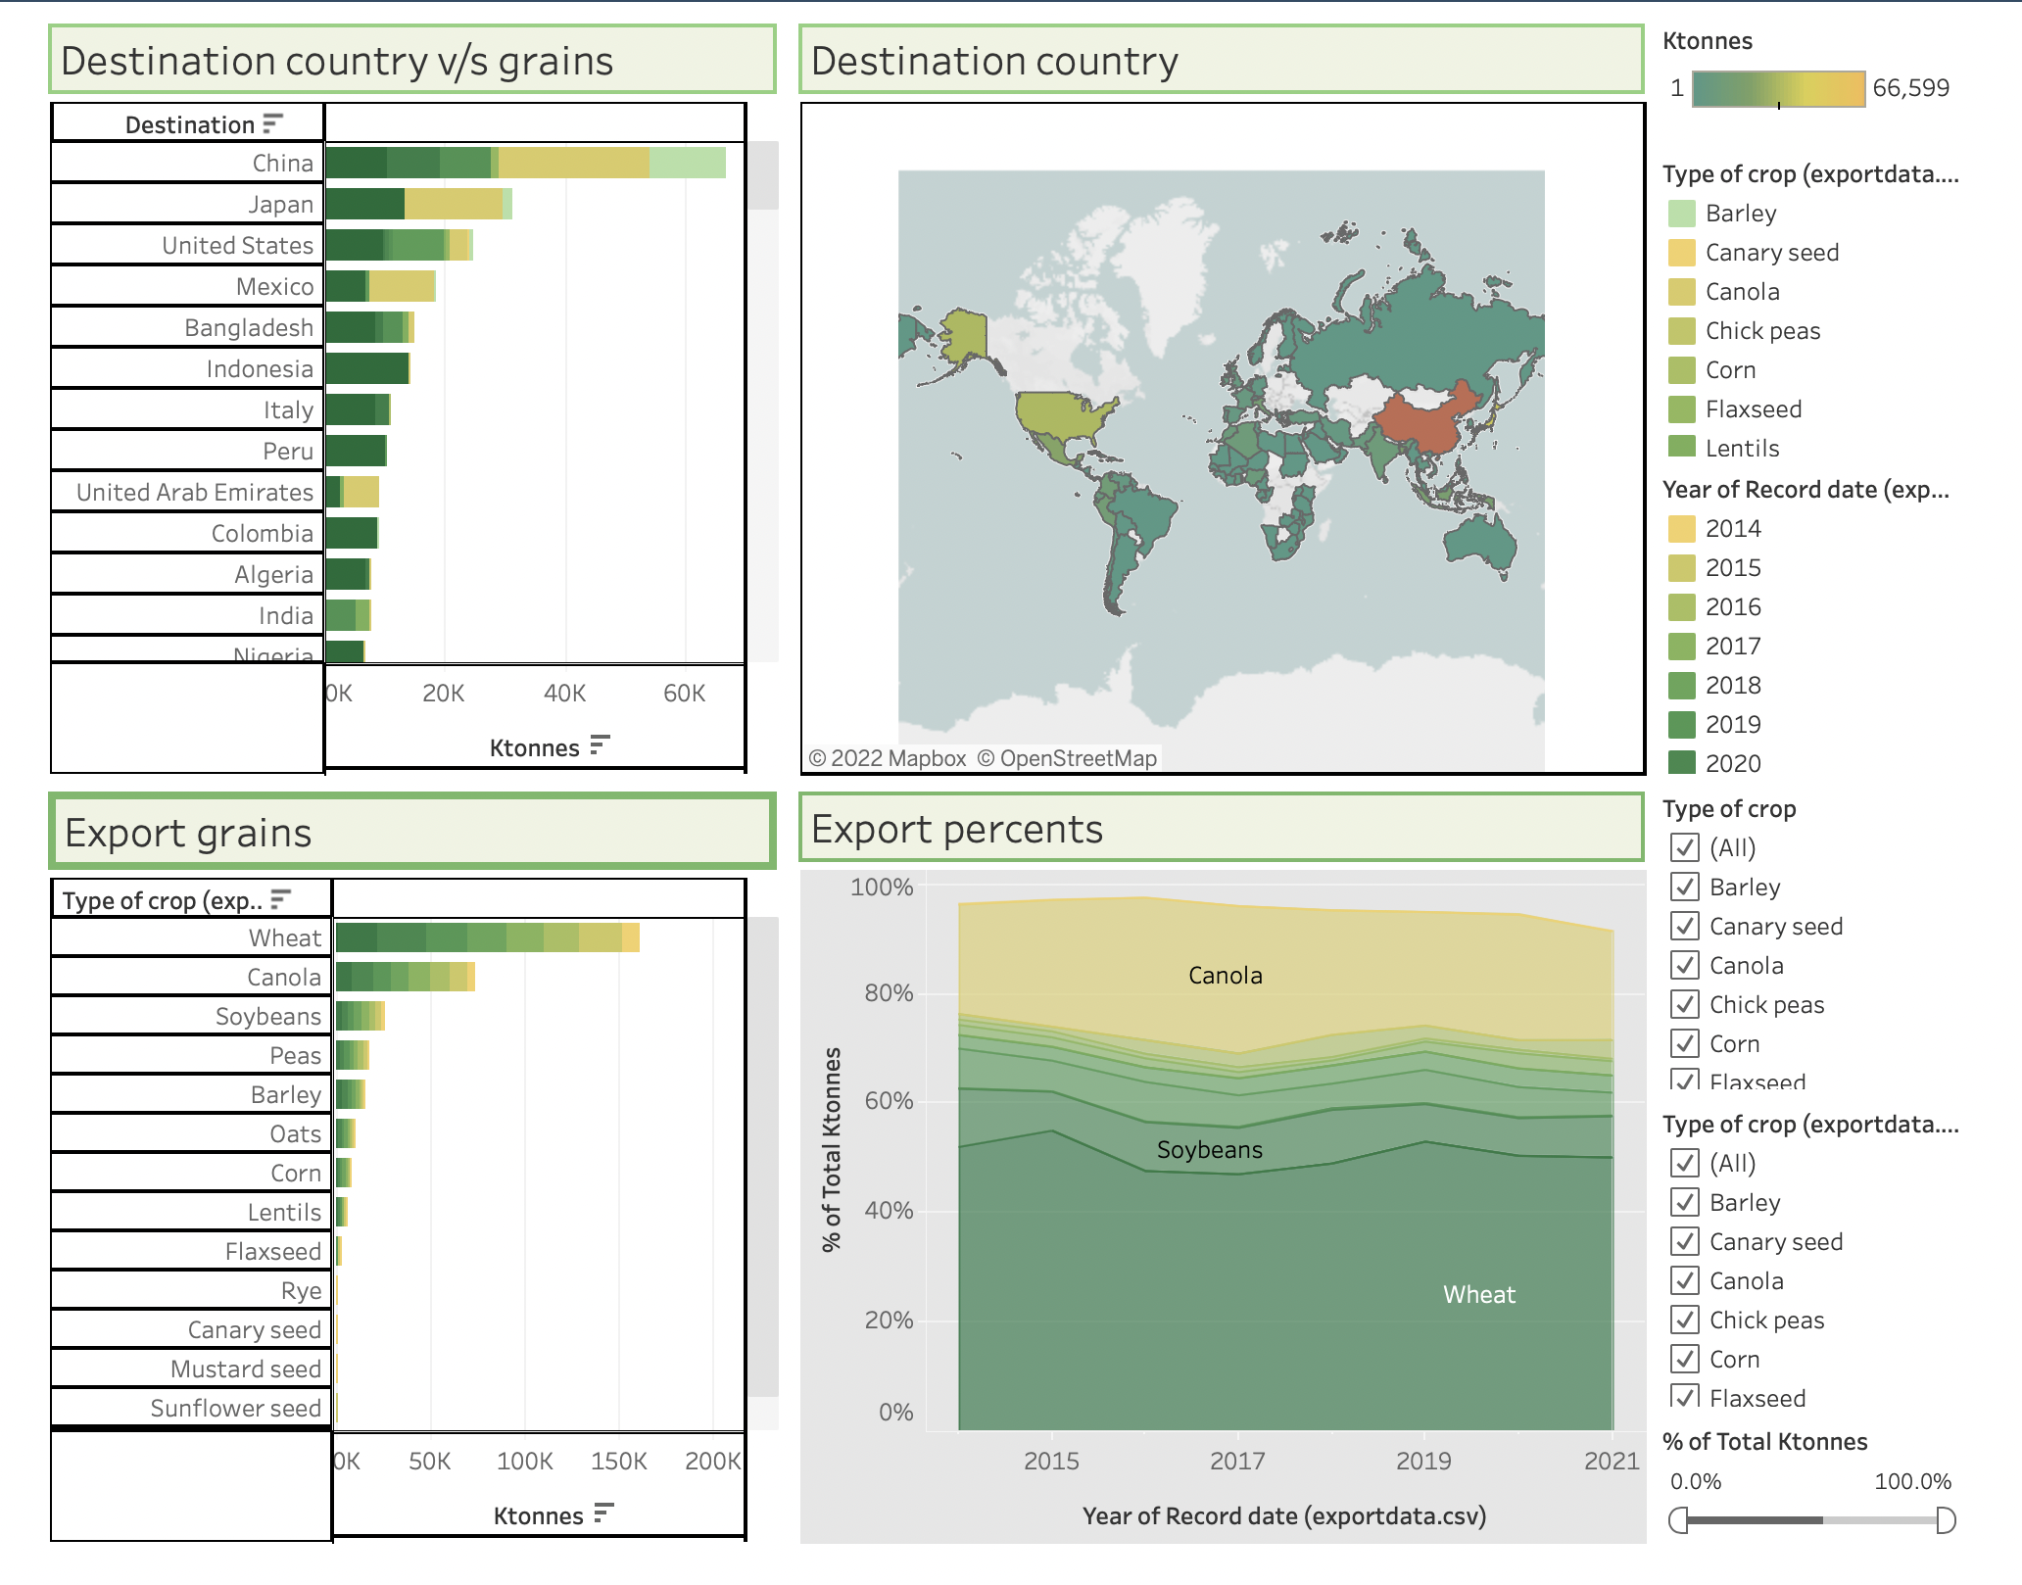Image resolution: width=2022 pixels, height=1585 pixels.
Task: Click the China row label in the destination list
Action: click(x=282, y=164)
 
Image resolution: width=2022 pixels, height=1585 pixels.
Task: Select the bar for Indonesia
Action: click(x=367, y=369)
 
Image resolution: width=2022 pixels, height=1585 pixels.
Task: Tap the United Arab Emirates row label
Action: click(x=195, y=493)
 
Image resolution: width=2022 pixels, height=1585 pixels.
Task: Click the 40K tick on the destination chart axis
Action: click(x=564, y=694)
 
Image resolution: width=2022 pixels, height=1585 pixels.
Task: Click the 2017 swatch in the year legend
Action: click(x=1682, y=647)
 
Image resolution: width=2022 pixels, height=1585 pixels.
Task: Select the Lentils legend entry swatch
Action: click(x=1682, y=448)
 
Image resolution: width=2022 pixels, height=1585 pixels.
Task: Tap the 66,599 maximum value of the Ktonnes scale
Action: click(x=1910, y=88)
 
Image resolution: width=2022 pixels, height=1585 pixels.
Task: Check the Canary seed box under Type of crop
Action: click(x=1685, y=926)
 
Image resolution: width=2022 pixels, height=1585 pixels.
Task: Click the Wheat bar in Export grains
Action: click(x=487, y=937)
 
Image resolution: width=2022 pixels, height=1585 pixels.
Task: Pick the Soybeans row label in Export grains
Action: click(x=267, y=1017)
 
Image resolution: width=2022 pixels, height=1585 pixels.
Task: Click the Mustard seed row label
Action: click(x=245, y=1369)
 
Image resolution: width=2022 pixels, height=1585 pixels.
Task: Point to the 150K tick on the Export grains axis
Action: click(x=618, y=1462)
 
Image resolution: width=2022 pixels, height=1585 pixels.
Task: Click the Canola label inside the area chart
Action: click(x=1225, y=976)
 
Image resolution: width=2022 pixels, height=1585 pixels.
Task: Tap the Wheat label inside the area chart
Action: click(x=1478, y=1295)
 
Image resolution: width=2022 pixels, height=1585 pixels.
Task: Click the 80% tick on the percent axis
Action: click(x=888, y=993)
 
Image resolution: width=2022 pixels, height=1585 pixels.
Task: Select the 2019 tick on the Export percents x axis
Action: click(x=1423, y=1462)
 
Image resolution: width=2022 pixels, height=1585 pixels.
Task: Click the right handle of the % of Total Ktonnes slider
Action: click(x=1946, y=1520)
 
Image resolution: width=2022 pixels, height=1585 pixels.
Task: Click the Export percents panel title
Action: click(x=956, y=830)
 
